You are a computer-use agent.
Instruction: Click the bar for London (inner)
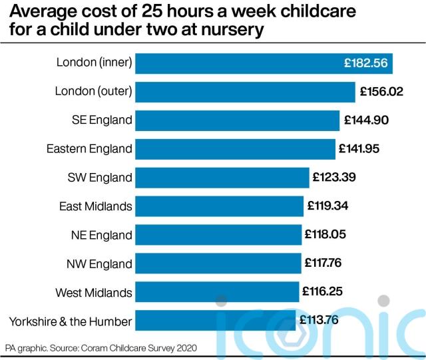[264, 64]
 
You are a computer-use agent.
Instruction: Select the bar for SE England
[237, 120]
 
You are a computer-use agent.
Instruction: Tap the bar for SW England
[222, 178]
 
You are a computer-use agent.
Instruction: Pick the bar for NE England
[218, 235]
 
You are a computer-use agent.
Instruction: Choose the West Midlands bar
[217, 292]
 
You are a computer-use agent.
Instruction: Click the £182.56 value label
[365, 63]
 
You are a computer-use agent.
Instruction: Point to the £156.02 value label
[381, 92]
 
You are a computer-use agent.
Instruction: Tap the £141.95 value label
[359, 148]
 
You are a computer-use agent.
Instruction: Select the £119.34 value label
[327, 206]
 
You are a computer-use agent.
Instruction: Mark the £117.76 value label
[323, 263]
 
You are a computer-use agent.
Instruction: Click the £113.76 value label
[319, 320]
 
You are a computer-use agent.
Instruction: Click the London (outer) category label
[93, 91]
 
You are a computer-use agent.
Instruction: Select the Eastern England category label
[89, 149]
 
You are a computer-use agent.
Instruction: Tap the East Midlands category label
[96, 206]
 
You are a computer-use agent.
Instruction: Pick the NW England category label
[99, 264]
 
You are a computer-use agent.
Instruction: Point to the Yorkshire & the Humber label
[71, 321]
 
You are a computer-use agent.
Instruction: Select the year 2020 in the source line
[186, 348]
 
